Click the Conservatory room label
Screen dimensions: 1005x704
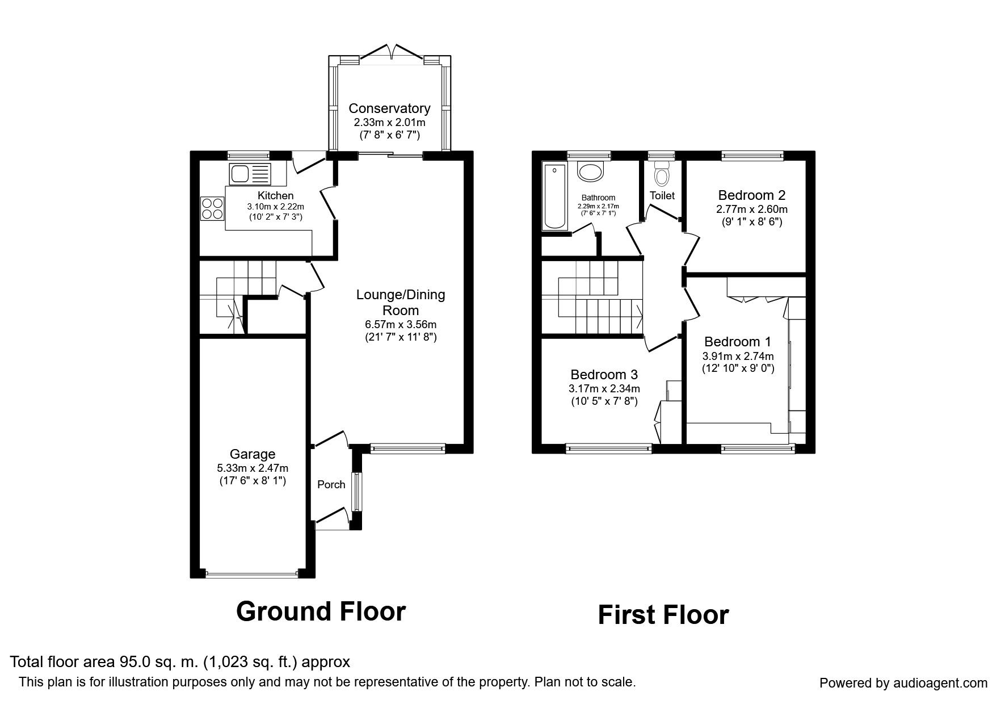click(389, 108)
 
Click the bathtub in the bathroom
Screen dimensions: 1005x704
click(554, 196)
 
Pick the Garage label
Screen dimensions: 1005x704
click(253, 454)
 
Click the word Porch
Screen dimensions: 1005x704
click(331, 484)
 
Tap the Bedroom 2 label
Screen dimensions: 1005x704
click(752, 195)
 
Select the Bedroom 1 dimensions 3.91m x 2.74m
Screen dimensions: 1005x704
click(738, 357)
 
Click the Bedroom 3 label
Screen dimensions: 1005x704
click(604, 375)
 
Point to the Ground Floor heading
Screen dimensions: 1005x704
click(321, 611)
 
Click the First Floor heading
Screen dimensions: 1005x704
click(663, 615)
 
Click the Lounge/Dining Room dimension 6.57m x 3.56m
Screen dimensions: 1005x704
click(401, 325)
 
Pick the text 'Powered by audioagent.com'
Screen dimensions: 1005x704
click(903, 683)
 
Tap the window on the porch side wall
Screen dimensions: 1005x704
click(356, 492)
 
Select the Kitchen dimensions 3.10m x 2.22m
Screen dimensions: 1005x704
click(275, 207)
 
